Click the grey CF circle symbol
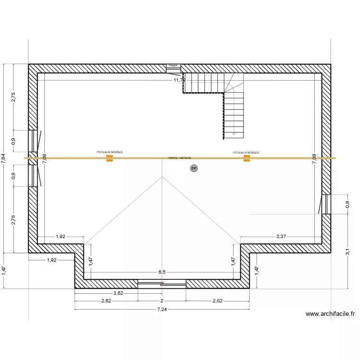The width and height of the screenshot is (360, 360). coord(194,168)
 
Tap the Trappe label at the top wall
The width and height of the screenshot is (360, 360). coord(173,65)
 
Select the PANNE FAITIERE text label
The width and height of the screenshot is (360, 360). coord(180,157)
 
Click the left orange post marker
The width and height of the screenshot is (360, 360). coord(109,158)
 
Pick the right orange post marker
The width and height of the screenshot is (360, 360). coord(247,158)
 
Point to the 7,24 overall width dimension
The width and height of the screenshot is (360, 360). coord(162,310)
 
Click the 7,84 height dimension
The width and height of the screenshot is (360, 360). coord(4,159)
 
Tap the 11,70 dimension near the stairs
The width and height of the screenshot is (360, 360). coord(179,80)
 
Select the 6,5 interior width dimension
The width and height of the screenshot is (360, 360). coord(162,272)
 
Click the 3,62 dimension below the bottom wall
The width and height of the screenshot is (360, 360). coord(118,293)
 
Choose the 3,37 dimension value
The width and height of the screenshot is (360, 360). coord(281,236)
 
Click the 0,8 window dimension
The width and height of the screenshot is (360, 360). coord(347,204)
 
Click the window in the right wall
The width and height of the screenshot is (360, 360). coord(325,204)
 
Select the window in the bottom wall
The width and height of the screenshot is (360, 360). coord(162,284)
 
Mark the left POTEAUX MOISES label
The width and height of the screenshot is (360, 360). coord(109,152)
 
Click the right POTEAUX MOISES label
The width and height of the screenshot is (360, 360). coord(246,153)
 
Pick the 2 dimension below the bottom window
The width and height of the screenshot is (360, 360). coord(162,301)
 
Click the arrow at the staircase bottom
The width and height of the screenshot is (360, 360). coord(234,132)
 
